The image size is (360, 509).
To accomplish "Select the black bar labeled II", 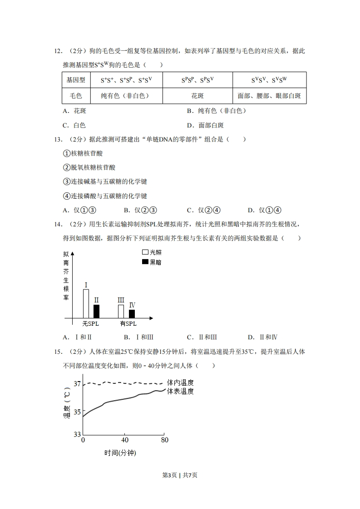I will pyautogui.click(x=96, y=311).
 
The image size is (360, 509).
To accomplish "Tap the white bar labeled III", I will pyautogui.click(x=121, y=311).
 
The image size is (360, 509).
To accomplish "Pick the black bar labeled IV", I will pyautogui.click(x=132, y=313).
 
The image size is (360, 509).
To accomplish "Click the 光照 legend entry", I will pyautogui.click(x=152, y=252).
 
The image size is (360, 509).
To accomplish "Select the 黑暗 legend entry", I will pyautogui.click(x=152, y=262).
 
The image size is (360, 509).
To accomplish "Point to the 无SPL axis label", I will pyautogui.click(x=90, y=324).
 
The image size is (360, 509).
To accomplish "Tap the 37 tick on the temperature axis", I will pyautogui.click(x=77, y=384).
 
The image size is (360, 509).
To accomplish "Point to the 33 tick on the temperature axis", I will pyautogui.click(x=77, y=434).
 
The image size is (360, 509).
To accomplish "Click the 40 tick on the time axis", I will pyautogui.click(x=124, y=440).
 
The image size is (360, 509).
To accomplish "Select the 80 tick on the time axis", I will pyautogui.click(x=165, y=440).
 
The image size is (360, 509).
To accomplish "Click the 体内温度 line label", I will pyautogui.click(x=180, y=383).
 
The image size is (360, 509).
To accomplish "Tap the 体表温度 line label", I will pyautogui.click(x=180, y=392).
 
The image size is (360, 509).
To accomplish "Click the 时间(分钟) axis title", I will pyautogui.click(x=120, y=453).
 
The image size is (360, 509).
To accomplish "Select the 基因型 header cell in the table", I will pyautogui.click(x=76, y=80).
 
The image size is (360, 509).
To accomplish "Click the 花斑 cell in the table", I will pyautogui.click(x=197, y=96).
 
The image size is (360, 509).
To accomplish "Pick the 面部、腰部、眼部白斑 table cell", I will pyautogui.click(x=269, y=96).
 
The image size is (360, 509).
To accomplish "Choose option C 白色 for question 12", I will pyautogui.click(x=74, y=125).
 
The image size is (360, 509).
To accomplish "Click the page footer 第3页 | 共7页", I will pyautogui.click(x=180, y=475).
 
